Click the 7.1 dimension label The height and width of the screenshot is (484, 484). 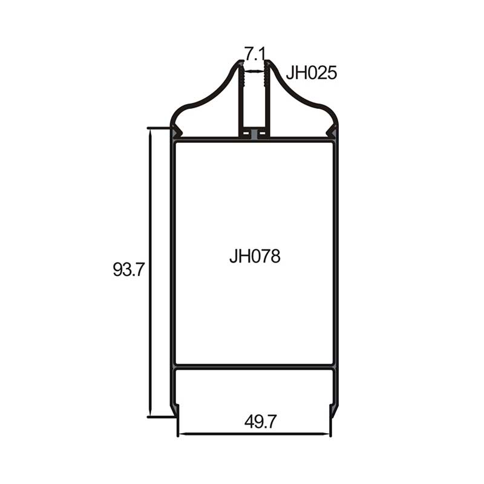(x=255, y=53)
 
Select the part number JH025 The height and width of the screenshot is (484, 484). (x=311, y=73)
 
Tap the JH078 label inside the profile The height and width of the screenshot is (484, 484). (x=255, y=256)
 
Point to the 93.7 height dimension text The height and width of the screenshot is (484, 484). (x=128, y=269)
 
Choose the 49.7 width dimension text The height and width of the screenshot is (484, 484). (x=261, y=422)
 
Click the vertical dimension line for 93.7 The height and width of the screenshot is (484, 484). (x=150, y=273)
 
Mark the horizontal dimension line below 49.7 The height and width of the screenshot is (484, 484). (x=254, y=434)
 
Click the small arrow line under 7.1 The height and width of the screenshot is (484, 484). (x=254, y=71)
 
